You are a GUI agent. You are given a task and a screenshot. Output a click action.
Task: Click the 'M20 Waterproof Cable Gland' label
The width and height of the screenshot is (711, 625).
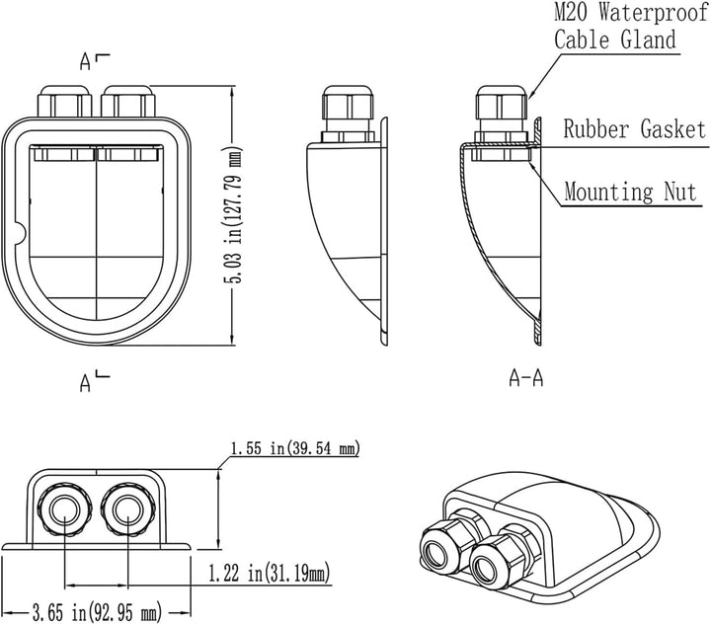(x=630, y=27)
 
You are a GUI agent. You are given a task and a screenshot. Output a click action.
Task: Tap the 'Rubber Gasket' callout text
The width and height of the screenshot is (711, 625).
(x=635, y=128)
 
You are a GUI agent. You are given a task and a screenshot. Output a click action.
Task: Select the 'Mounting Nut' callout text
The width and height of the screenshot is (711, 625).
(x=630, y=192)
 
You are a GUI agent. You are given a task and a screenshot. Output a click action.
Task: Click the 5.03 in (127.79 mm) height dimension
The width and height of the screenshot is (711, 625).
(x=236, y=215)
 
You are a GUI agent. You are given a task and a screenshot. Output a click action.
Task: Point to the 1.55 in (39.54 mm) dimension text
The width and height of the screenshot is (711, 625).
(x=295, y=448)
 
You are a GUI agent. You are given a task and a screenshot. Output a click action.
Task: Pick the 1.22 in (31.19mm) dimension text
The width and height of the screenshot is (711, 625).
(x=269, y=574)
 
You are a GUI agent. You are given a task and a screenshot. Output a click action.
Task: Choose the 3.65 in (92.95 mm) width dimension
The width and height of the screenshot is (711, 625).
(x=97, y=613)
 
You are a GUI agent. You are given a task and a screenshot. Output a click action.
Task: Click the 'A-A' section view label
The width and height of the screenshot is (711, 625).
(x=526, y=377)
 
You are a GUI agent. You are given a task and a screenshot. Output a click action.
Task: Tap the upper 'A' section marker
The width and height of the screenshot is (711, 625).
(x=85, y=62)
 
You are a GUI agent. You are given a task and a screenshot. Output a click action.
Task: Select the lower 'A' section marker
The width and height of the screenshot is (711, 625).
(x=85, y=382)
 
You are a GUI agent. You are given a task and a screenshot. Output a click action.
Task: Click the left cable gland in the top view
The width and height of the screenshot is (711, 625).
(x=65, y=101)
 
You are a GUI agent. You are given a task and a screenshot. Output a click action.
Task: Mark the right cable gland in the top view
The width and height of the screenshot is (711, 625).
(x=127, y=101)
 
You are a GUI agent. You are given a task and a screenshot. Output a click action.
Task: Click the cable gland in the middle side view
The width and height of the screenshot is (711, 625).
(x=348, y=114)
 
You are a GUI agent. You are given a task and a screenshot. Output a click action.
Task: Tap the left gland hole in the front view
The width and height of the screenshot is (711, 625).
(x=65, y=510)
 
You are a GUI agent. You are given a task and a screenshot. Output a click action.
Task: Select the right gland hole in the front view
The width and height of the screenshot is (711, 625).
(x=127, y=510)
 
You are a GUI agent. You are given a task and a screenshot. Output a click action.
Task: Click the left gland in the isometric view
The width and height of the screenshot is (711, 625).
(x=449, y=542)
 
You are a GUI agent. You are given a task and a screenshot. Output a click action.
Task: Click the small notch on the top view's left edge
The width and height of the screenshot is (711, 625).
(x=22, y=233)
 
